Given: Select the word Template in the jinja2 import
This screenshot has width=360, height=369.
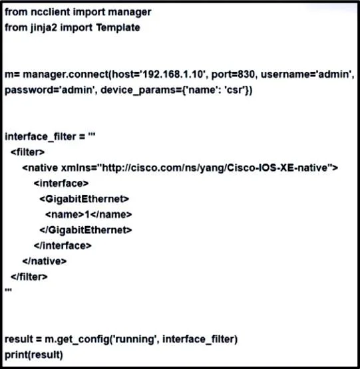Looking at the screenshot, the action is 118,27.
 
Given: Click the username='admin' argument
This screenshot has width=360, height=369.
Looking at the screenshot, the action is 307,74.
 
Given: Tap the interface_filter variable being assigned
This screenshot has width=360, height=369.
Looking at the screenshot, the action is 41,137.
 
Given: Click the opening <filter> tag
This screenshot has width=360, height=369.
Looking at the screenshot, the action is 27,152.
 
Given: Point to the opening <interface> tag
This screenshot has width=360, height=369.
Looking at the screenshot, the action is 61,184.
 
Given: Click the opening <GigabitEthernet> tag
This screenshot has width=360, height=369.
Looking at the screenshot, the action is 84,199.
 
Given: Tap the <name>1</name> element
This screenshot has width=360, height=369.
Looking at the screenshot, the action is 89,215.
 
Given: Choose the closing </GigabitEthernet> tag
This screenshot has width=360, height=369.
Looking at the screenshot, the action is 86,230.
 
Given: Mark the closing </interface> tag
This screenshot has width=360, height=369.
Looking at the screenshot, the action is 63,246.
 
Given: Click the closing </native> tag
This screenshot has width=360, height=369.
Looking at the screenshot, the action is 45,261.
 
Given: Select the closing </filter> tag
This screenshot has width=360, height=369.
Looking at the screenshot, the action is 29,277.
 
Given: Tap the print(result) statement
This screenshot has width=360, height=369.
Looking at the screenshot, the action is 34,355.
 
